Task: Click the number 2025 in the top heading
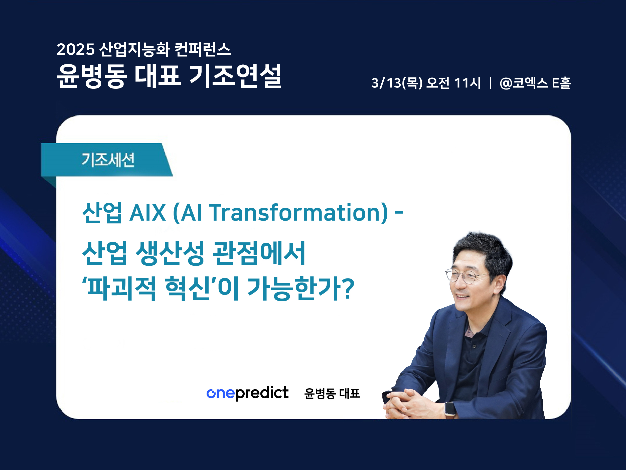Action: (x=76, y=49)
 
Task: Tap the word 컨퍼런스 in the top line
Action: (x=203, y=49)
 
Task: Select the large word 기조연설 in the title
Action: (x=235, y=76)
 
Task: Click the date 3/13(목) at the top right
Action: (x=397, y=83)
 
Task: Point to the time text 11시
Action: (x=467, y=83)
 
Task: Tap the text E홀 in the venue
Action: (x=561, y=83)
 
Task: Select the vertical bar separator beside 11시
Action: (x=490, y=83)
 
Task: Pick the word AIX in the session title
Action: (x=147, y=213)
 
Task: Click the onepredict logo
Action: (x=247, y=393)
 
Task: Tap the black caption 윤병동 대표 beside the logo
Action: (x=332, y=394)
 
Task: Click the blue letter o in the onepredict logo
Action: (x=211, y=394)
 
